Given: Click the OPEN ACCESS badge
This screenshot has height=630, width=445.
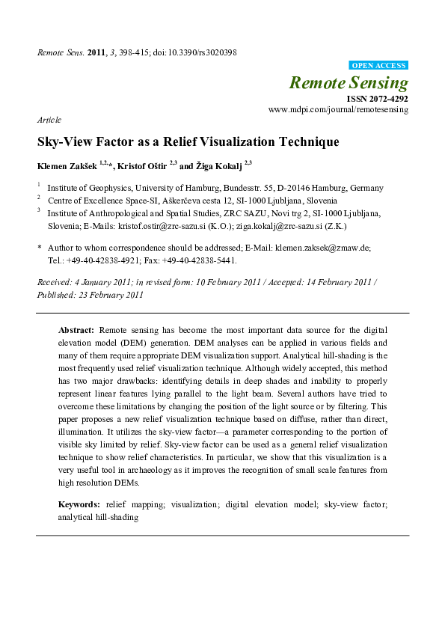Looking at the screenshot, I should pos(378,66).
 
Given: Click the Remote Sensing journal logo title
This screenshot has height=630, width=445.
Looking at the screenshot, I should pos(349,82).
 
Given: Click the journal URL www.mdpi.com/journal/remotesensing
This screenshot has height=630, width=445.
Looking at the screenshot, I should pos(338,109).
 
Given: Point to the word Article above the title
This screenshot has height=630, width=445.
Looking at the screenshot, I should pos(49,120).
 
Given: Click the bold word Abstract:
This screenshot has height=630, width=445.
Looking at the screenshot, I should pos(76,329).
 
